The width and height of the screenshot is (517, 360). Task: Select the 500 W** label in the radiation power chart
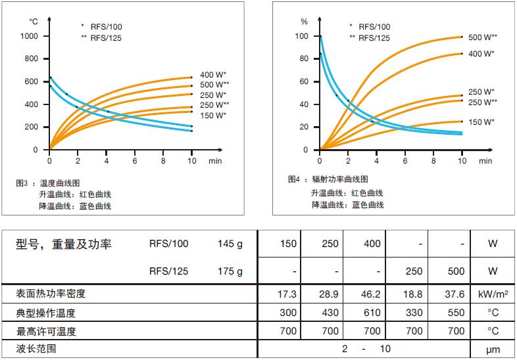click(x=483, y=37)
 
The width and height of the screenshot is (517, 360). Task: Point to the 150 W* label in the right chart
click(x=481, y=122)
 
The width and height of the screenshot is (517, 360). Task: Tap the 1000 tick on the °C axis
click(x=30, y=36)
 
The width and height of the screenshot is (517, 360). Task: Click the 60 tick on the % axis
click(x=303, y=81)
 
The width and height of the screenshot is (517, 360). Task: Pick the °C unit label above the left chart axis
click(x=34, y=21)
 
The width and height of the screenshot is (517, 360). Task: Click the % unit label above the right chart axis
click(x=304, y=21)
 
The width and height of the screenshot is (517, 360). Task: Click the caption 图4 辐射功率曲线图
click(x=328, y=179)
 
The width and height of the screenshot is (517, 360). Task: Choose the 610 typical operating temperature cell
click(x=372, y=313)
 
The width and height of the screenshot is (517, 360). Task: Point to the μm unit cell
click(x=493, y=348)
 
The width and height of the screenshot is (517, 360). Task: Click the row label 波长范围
click(x=37, y=348)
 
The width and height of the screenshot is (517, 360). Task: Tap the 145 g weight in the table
click(x=230, y=244)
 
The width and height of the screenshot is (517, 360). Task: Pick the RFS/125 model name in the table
click(x=168, y=271)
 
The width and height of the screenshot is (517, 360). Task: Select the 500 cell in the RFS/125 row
click(x=456, y=271)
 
